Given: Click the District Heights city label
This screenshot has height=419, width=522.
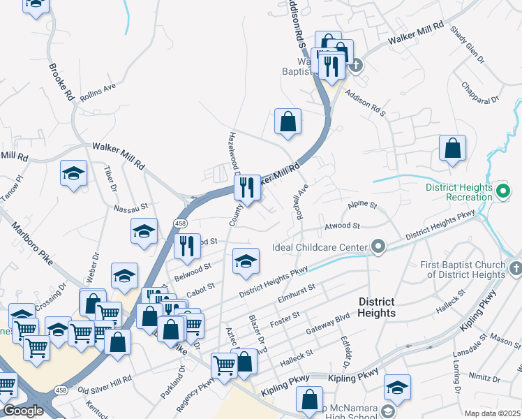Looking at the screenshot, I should (377, 307).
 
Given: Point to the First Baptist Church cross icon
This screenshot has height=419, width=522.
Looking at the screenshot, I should (515, 269).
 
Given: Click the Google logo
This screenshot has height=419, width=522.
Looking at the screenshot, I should (22, 411).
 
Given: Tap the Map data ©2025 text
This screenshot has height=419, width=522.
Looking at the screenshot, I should (493, 413).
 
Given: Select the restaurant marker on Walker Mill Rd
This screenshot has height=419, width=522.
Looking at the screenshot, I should (246, 188).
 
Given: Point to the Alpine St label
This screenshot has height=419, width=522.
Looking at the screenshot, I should (362, 206).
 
